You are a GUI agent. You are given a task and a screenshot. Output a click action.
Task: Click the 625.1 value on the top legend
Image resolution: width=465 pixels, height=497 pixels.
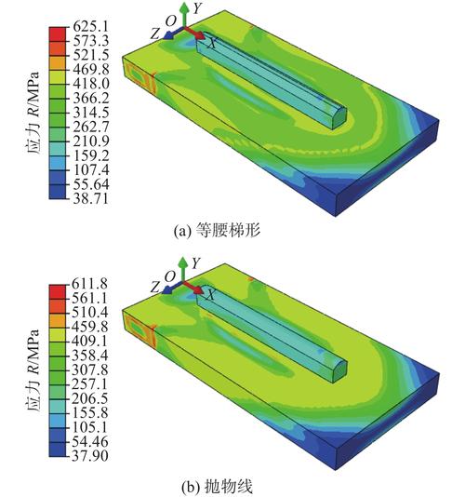pos(91,26)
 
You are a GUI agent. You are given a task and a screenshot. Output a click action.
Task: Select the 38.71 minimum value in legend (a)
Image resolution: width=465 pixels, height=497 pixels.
pos(91,199)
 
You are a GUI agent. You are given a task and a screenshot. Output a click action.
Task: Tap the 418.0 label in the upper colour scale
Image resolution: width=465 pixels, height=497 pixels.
pos(91,84)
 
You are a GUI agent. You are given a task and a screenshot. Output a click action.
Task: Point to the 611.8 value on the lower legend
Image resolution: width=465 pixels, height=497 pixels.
pos(89,283)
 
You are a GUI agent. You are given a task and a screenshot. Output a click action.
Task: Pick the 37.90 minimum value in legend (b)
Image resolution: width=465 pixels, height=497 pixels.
pos(89,455)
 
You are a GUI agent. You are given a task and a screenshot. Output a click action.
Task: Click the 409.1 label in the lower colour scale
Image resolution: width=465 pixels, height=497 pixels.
pos(89,341)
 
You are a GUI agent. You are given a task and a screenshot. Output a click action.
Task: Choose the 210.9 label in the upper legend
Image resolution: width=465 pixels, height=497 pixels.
pos(91,141)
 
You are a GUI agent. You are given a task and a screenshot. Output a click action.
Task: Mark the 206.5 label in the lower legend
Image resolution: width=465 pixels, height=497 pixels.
pos(89,398)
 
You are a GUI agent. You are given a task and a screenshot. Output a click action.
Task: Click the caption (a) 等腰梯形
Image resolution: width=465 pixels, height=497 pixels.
pos(217,231)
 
